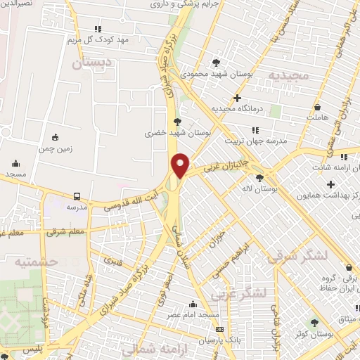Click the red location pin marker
coord(181,165)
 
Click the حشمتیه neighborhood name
coord(36,261)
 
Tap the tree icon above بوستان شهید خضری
coord(176,121)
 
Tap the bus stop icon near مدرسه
coord(77,196)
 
